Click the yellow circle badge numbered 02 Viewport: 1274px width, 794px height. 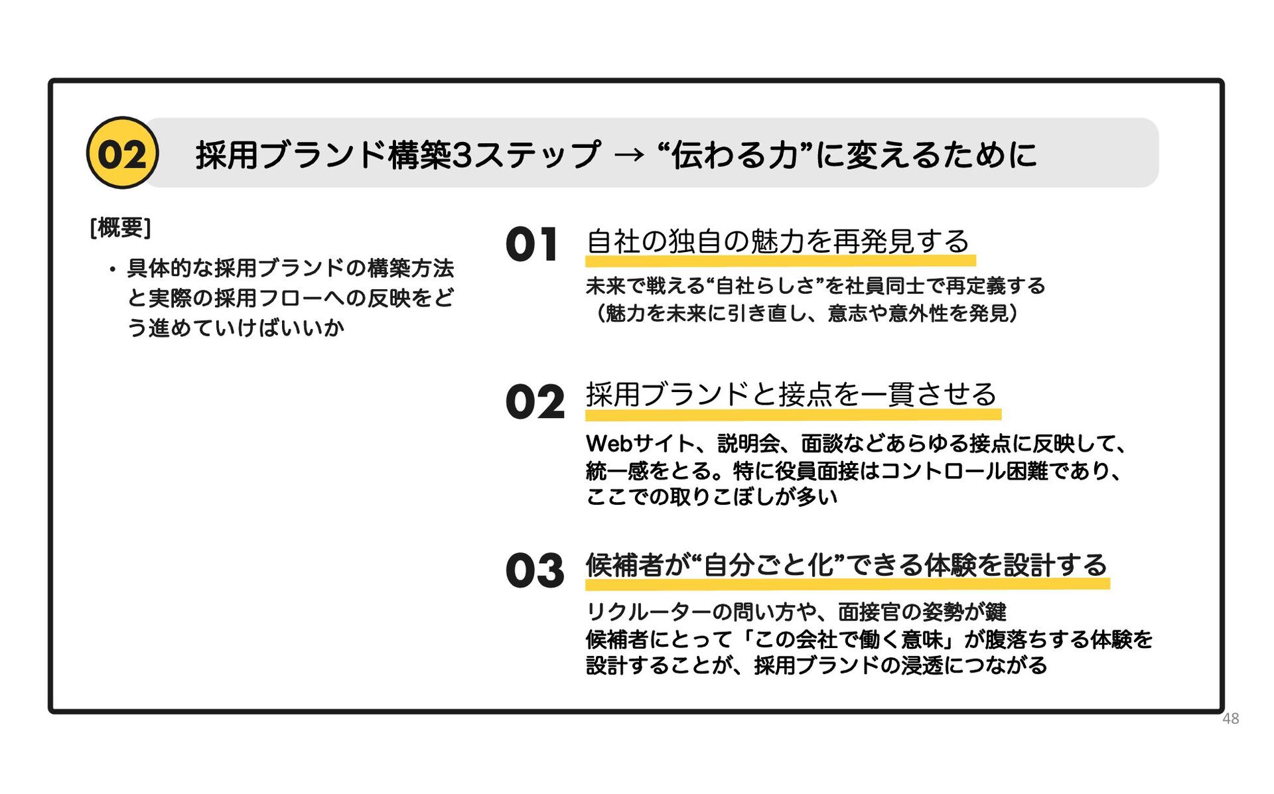tap(122, 153)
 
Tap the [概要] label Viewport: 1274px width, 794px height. tap(120, 228)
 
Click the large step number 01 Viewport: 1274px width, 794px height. tap(531, 244)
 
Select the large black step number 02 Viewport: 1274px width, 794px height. tap(535, 402)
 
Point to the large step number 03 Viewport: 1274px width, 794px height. tap(535, 570)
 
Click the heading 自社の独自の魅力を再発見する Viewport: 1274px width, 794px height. tap(778, 241)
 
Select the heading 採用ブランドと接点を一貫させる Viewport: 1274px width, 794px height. tap(791, 395)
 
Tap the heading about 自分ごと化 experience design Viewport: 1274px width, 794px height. tap(846, 565)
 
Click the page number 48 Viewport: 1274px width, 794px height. tap(1230, 718)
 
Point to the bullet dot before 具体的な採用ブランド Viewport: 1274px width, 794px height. tap(113, 269)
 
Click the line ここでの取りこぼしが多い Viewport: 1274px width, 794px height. tap(711, 497)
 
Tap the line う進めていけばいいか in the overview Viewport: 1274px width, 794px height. tap(236, 328)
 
